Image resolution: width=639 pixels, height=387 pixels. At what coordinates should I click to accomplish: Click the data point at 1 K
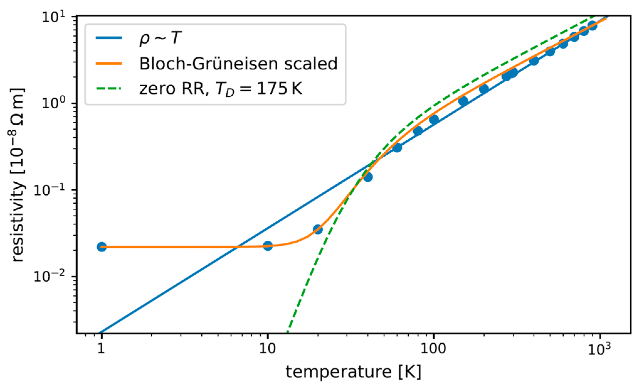point(102,247)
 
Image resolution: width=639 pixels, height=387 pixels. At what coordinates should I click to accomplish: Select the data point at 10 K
point(267,246)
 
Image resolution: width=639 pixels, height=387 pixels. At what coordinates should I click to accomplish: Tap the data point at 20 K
point(318,229)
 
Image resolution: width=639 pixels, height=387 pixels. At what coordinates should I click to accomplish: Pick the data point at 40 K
point(368,177)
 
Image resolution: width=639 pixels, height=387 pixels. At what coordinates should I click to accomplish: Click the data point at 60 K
point(397,148)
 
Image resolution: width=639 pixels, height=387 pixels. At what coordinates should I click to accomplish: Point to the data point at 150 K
point(463,101)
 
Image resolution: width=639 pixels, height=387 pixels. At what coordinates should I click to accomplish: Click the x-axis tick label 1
point(101,348)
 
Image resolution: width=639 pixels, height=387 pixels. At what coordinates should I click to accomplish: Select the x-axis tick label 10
point(267,348)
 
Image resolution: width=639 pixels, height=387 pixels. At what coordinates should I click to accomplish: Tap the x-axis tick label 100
point(433,348)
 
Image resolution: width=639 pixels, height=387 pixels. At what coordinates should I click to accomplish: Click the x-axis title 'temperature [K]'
point(353,372)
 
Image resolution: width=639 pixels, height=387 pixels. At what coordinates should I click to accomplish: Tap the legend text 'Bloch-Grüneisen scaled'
point(238,64)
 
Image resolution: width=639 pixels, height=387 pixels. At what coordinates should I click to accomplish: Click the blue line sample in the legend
point(108,38)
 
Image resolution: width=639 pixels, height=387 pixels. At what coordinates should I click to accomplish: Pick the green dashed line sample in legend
point(108,89)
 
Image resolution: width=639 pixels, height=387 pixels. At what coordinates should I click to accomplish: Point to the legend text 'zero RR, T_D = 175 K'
point(221,89)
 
